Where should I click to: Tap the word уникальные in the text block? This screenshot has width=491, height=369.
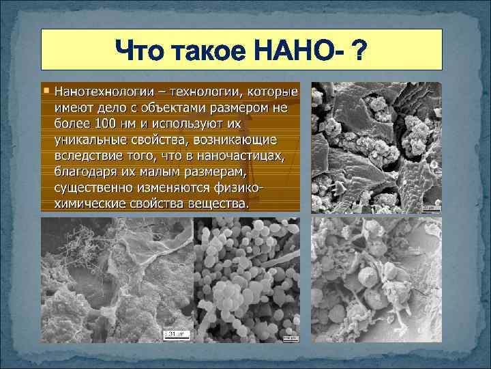[88, 140]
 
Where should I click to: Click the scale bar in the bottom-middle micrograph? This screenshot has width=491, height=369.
[290, 337]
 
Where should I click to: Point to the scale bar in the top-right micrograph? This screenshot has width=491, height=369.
[430, 208]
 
